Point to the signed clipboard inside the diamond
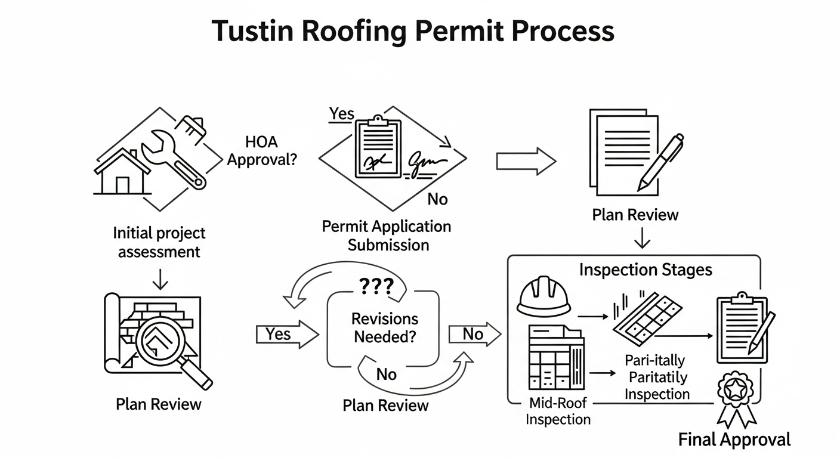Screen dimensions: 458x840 pyautogui.click(x=378, y=148)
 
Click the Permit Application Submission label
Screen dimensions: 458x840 pyautogui.click(x=387, y=236)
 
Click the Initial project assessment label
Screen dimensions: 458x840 pyautogui.click(x=159, y=242)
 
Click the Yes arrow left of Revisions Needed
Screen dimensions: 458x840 pyautogui.click(x=286, y=335)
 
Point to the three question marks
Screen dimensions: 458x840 pyautogui.click(x=375, y=288)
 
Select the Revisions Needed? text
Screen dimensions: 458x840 pyautogui.click(x=384, y=327)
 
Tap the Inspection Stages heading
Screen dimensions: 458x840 pyautogui.click(x=646, y=270)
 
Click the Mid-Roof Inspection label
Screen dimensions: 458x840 pyautogui.click(x=558, y=411)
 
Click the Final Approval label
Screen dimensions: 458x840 pyautogui.click(x=734, y=440)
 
